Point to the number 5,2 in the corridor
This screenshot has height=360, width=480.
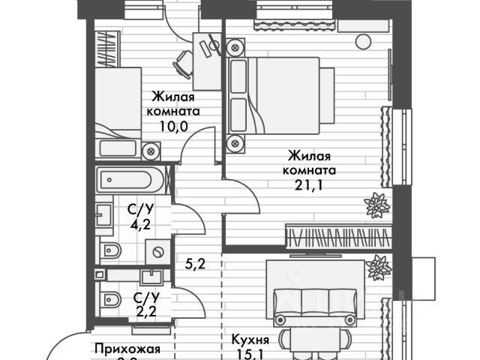point(196,263)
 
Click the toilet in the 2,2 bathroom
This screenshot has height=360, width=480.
point(109,300)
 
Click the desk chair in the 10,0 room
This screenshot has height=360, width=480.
point(184,64)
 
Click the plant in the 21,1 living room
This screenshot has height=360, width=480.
point(376,204)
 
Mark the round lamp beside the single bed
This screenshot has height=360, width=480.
point(153,152)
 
